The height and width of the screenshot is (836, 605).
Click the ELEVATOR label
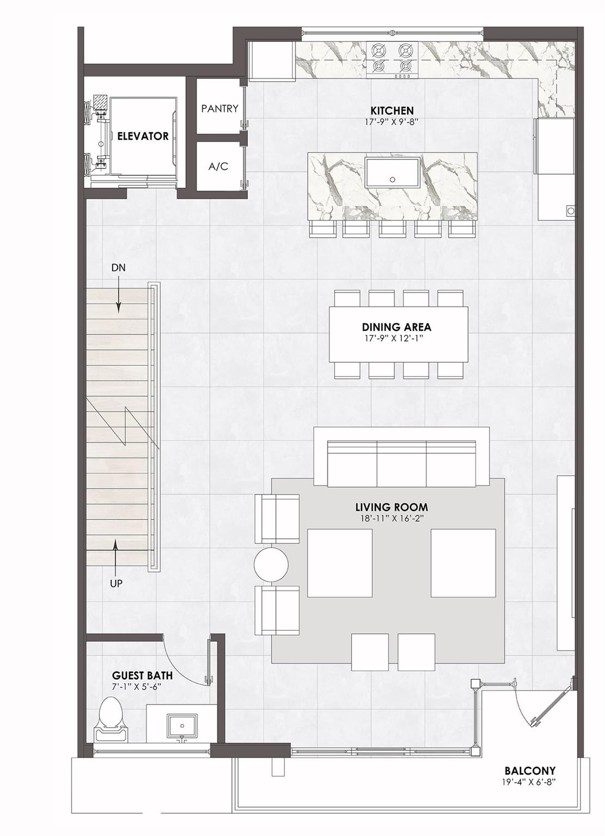pos(143,136)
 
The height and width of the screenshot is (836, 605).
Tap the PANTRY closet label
pos(219,109)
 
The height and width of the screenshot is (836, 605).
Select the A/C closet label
pos(218,167)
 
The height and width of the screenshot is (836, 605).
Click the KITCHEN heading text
pos(392,111)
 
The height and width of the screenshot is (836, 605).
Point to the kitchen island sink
pos(393,173)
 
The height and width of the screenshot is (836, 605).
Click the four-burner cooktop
pos(392,60)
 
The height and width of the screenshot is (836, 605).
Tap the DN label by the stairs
pos(118,268)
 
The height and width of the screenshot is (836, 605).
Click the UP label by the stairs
pos(116,583)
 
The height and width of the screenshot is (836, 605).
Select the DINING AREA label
pos(396,327)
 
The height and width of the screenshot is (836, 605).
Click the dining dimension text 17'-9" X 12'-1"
pos(396,339)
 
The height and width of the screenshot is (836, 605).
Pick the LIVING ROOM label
pos(392,507)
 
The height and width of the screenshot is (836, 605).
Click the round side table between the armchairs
pos(271,564)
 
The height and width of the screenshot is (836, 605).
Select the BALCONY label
pos(530,757)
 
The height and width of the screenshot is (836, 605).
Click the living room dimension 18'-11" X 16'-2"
pos(392,518)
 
